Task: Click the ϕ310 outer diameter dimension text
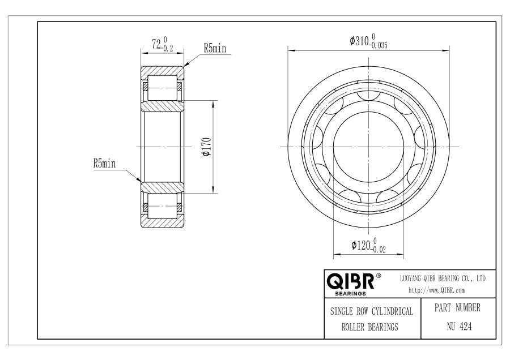click(359, 41)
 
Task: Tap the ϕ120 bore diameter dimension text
click(361, 245)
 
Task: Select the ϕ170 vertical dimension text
click(207, 147)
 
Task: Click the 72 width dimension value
click(156, 44)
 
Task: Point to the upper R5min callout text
click(215, 48)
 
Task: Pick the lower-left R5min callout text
click(104, 163)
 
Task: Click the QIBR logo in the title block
click(350, 281)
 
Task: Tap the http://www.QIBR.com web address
click(436, 290)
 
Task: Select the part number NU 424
click(459, 326)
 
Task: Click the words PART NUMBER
click(457, 308)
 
